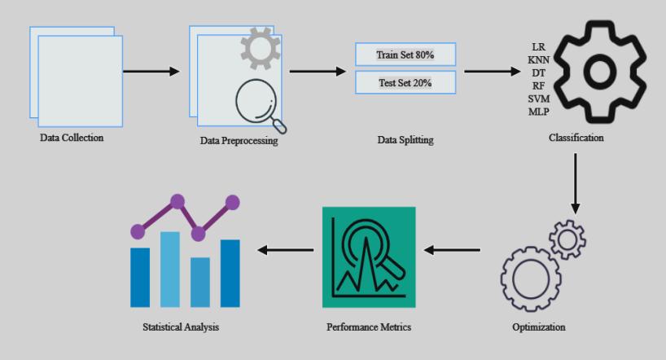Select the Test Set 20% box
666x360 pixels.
pyautogui.click(x=405, y=82)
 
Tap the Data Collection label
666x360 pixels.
pyautogui.click(x=72, y=138)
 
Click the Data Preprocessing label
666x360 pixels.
pyautogui.click(x=239, y=141)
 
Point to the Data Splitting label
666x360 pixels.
pyautogui.click(x=405, y=140)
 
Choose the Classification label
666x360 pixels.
pyautogui.click(x=576, y=138)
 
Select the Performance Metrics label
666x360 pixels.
pyautogui.click(x=369, y=327)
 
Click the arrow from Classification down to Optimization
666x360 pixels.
pyautogui.click(x=576, y=181)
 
